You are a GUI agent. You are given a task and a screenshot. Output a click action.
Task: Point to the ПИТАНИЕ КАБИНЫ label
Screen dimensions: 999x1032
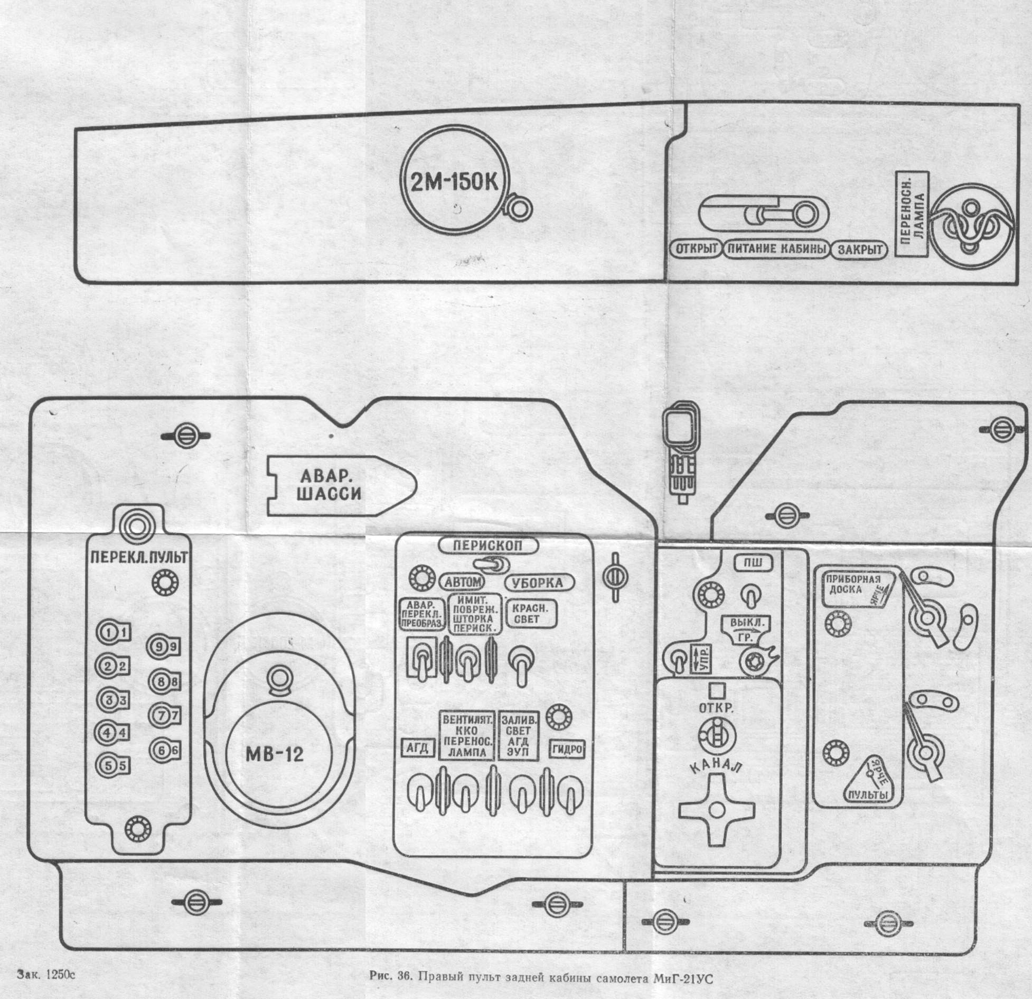pos(776,249)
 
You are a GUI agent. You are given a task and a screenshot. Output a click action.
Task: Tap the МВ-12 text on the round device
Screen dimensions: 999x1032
pos(275,754)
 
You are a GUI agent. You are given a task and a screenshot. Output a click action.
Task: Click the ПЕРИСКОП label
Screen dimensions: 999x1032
pos(488,545)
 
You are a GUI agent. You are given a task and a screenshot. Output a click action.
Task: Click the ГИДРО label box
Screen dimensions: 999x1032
pos(567,749)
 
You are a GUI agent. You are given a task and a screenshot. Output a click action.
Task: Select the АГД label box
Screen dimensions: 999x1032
pos(417,748)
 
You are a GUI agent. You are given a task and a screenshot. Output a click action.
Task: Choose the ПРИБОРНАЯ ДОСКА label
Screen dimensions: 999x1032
pos(853,585)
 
